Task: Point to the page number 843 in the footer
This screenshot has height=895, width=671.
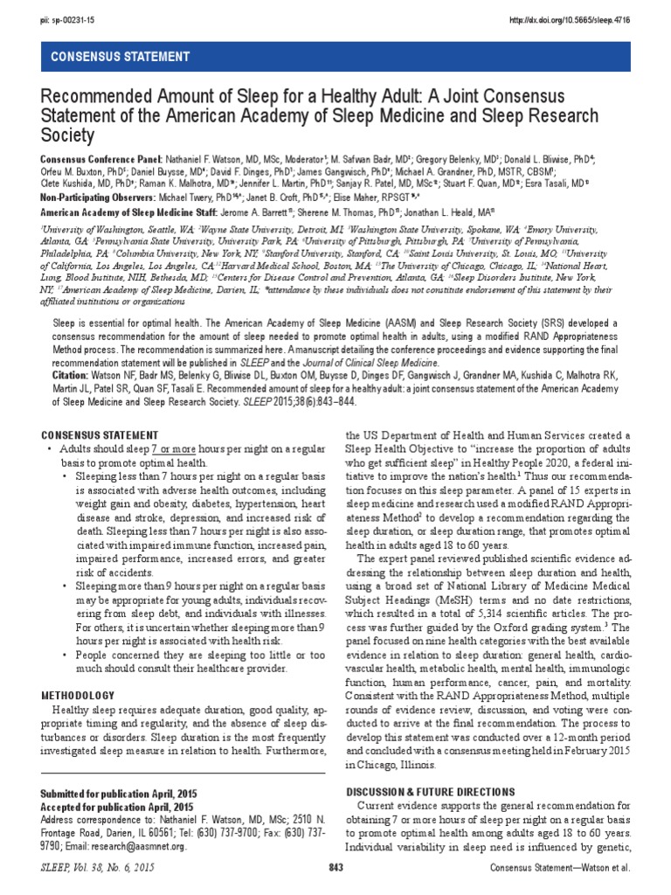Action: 335,866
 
